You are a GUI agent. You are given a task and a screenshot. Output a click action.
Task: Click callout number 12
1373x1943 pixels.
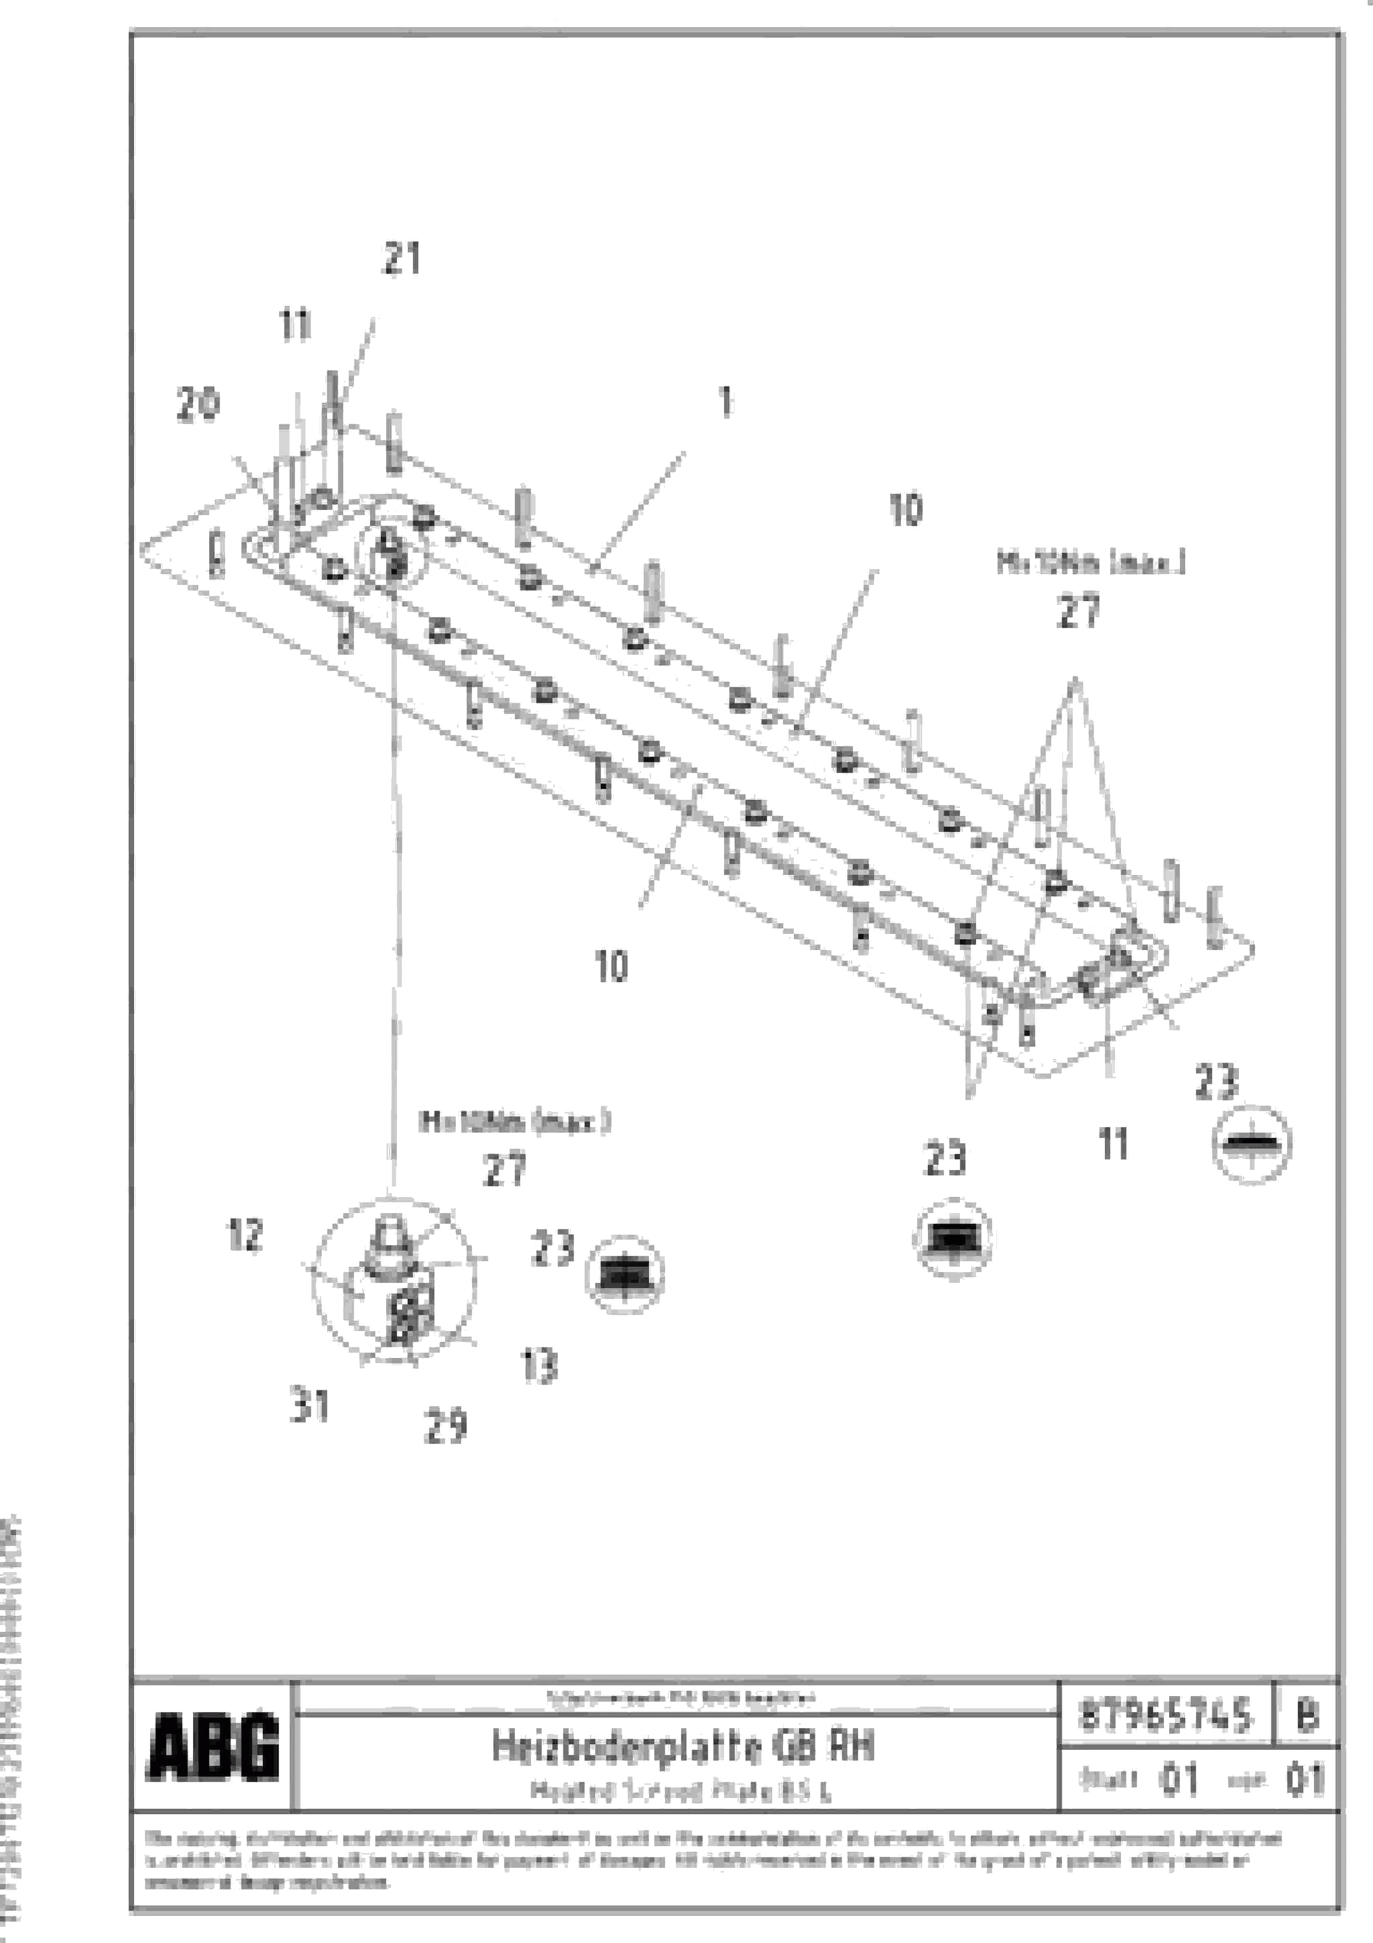pos(245,1236)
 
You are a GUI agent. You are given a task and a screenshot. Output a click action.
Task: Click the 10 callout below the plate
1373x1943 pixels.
pos(612,965)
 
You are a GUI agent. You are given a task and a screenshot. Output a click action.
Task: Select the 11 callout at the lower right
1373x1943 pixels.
pos(1113,1145)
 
